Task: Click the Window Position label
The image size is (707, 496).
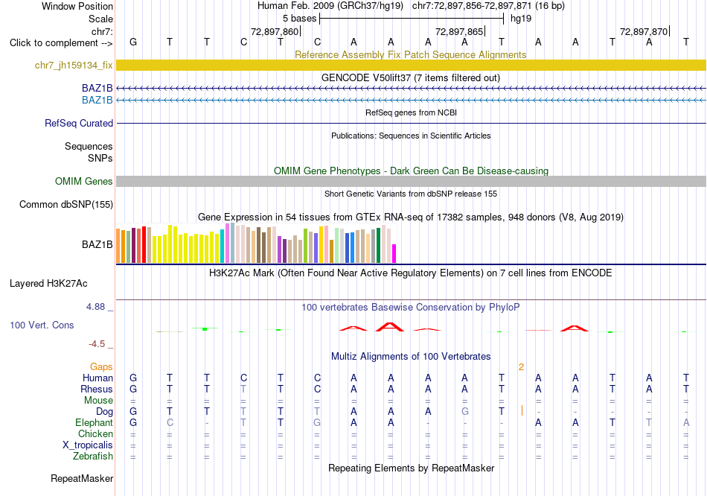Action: [x=77, y=6]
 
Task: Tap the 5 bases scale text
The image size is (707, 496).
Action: [x=299, y=19]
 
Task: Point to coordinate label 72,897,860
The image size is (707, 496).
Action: [x=275, y=31]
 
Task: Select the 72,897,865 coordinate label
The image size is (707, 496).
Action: [x=459, y=31]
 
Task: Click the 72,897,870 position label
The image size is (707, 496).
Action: [x=644, y=31]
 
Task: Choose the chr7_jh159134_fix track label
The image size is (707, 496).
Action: [x=74, y=65]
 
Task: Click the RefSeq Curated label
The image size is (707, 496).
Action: [x=79, y=123]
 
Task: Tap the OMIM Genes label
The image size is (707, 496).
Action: [x=84, y=182]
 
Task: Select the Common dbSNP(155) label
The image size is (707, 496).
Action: [x=66, y=205]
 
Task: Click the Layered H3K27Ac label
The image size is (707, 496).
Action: [x=48, y=284]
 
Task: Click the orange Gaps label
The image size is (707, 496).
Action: [x=101, y=367]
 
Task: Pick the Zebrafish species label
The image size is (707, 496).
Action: [x=93, y=457]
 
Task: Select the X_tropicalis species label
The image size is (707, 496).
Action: [x=88, y=445]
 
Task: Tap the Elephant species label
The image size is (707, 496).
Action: [x=94, y=423]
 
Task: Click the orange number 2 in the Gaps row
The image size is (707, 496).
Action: [x=521, y=367]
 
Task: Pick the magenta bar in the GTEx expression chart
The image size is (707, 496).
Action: [x=394, y=253]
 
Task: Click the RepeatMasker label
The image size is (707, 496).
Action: [x=82, y=478]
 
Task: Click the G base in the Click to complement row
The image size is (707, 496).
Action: [x=133, y=42]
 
